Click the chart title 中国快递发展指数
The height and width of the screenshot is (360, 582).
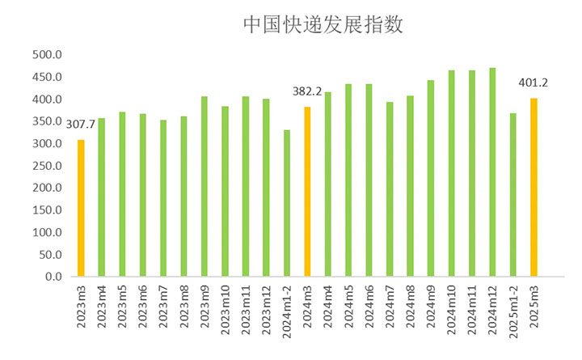[323, 24]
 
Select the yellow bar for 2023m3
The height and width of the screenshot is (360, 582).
[81, 209]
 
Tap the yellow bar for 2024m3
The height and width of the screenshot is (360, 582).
[307, 192]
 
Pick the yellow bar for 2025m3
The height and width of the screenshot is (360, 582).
[533, 188]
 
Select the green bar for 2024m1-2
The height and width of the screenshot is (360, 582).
[286, 203]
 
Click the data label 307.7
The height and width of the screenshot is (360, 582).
[81, 123]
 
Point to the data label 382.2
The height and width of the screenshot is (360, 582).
[307, 91]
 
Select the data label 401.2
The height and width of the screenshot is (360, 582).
[533, 83]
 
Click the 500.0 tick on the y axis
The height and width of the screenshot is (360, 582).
[47, 55]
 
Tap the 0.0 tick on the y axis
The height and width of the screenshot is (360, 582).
[53, 277]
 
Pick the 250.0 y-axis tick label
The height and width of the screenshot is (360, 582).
[47, 166]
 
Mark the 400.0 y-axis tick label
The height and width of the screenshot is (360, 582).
[47, 100]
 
